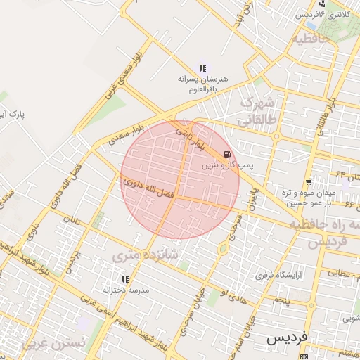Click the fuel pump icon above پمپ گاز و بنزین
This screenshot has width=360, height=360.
tap(226, 155)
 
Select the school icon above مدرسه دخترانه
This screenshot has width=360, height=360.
tap(126, 279)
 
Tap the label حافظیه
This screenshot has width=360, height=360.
tap(311, 38)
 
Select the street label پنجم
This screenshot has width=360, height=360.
tap(281, 301)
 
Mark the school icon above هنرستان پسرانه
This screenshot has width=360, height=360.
tap(203, 69)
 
